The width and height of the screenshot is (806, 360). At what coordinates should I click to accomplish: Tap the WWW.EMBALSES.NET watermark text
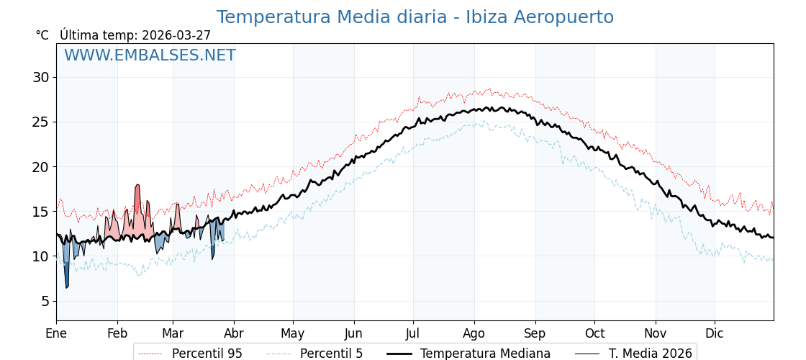pyautogui.click(x=150, y=55)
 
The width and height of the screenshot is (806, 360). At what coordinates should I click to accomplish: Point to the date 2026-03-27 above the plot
pyautogui.click(x=176, y=35)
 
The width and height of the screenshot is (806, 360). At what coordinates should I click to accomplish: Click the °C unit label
pyautogui.click(x=42, y=35)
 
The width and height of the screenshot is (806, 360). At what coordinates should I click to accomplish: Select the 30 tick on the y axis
pyautogui.click(x=40, y=77)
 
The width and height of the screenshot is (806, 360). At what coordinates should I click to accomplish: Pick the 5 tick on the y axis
pyautogui.click(x=45, y=301)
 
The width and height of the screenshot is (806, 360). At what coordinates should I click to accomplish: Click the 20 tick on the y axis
pyautogui.click(x=40, y=167)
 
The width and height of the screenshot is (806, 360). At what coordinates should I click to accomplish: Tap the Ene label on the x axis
pyautogui.click(x=56, y=333)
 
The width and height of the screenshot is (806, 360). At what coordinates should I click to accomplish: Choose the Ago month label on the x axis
pyautogui.click(x=474, y=333)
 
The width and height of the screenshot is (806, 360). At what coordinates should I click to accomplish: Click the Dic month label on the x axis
pyautogui.click(x=715, y=333)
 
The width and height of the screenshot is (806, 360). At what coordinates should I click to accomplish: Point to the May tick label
pyautogui.click(x=293, y=333)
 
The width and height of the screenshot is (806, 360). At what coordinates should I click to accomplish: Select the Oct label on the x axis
pyautogui.click(x=594, y=333)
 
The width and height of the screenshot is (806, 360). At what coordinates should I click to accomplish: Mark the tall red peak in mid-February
pyautogui.click(x=137, y=189)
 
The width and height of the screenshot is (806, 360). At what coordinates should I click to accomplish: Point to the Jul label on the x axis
pyautogui.click(x=413, y=333)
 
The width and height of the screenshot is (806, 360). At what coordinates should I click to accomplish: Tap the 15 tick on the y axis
pyautogui.click(x=40, y=212)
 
